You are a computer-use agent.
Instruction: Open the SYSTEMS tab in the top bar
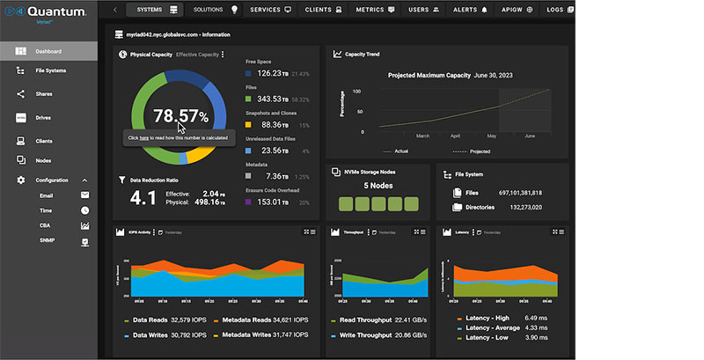point(153,9)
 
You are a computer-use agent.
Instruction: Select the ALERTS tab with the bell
point(471,9)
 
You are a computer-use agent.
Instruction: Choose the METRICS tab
point(376,9)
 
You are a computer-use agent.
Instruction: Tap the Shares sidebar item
point(44,93)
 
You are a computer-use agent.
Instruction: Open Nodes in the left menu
point(43,160)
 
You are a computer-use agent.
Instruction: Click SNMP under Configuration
point(48,240)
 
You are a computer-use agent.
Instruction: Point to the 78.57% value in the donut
point(180,115)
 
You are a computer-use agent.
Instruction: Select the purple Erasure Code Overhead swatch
point(248,202)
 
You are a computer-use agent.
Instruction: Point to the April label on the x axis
point(455,136)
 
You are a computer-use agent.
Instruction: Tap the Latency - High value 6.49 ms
point(536,318)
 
